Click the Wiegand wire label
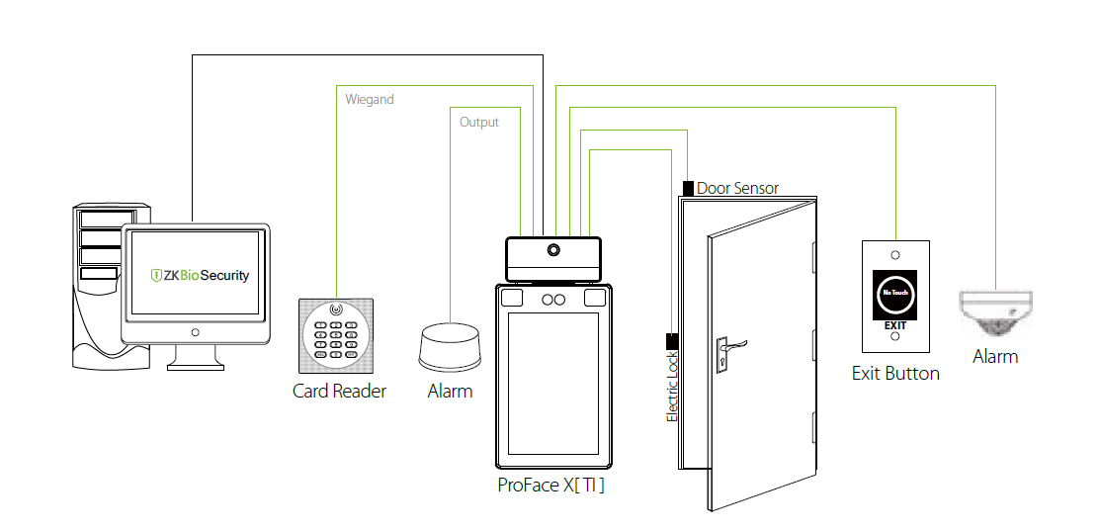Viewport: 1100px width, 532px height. (x=370, y=100)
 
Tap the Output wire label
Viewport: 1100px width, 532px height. (x=479, y=123)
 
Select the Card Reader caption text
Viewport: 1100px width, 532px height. (x=339, y=391)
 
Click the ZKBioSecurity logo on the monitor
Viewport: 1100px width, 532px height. (x=200, y=275)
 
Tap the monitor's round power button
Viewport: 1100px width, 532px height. (x=195, y=332)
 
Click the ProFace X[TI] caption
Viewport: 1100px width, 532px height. (x=550, y=486)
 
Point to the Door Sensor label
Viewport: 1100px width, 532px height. (x=737, y=188)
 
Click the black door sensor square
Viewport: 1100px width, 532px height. (x=688, y=187)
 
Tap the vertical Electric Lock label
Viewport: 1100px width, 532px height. (x=672, y=387)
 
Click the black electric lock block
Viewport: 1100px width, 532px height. (x=672, y=341)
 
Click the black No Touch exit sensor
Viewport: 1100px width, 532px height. (x=894, y=294)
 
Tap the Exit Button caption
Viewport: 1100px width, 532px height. (x=895, y=373)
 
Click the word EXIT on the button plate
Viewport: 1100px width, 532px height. (x=894, y=324)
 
